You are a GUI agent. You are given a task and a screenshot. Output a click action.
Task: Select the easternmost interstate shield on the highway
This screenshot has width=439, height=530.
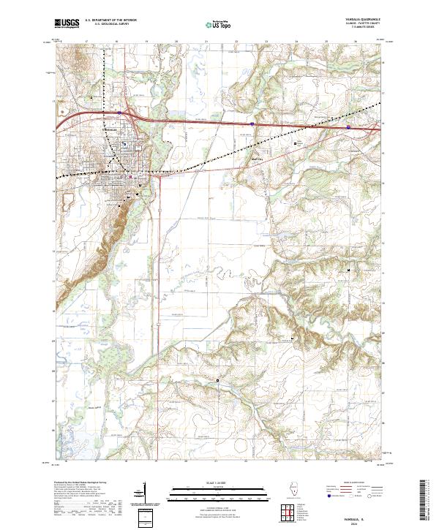tap(348, 127)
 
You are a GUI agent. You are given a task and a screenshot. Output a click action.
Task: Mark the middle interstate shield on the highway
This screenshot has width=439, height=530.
tap(252, 124)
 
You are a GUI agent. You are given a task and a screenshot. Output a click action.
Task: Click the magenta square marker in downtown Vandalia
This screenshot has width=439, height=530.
tap(130, 176)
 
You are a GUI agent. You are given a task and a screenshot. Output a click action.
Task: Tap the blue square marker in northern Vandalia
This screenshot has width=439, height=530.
tap(124, 144)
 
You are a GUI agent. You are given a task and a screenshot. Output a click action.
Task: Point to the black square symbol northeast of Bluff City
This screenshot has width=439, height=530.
tap(296, 143)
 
